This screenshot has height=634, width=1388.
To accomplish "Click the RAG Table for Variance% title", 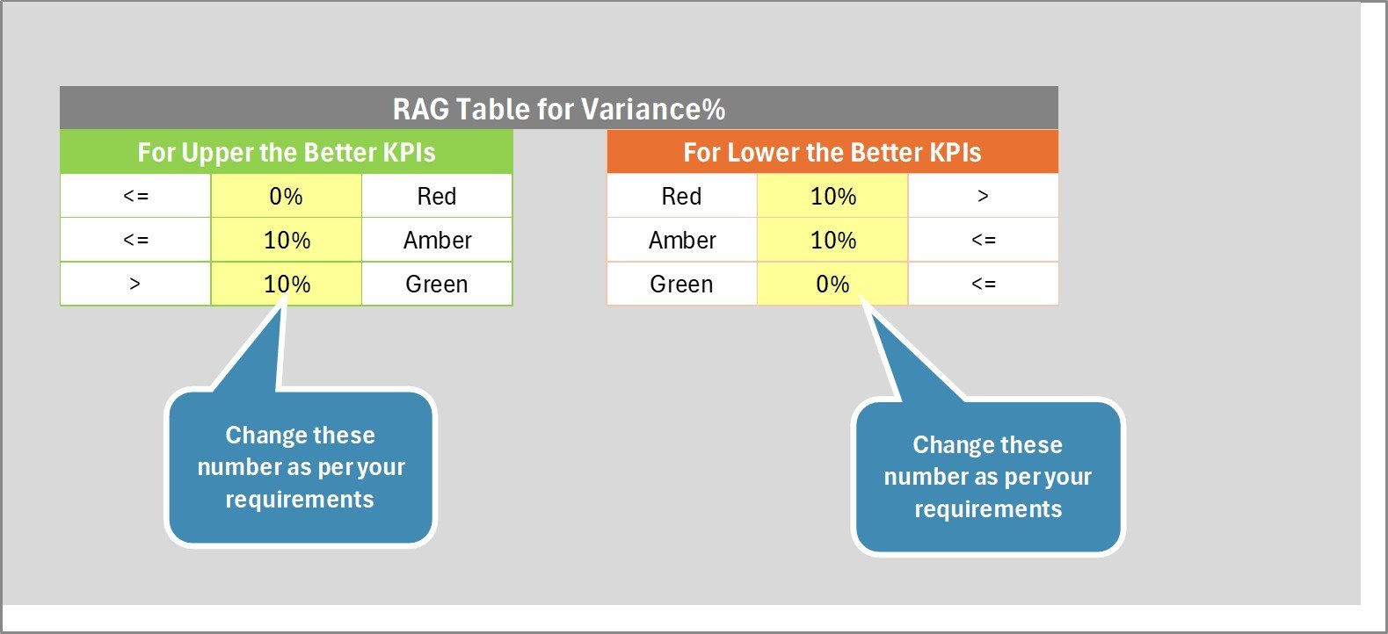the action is [x=559, y=109].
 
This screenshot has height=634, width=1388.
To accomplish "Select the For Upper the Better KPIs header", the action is [x=287, y=152].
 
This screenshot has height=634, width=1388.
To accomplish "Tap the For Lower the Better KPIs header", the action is [x=832, y=152].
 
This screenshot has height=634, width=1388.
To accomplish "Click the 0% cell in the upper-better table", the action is [x=287, y=197].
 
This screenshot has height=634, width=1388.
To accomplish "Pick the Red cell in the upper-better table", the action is [x=437, y=197].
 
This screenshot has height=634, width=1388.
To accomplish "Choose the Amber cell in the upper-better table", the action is [x=437, y=241].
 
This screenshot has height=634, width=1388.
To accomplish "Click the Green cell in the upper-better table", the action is [x=437, y=285].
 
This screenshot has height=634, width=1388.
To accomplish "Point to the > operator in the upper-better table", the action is [x=135, y=285].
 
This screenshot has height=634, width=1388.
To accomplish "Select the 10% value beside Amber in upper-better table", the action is [x=287, y=241].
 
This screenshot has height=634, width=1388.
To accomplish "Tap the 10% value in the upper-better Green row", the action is [x=287, y=285].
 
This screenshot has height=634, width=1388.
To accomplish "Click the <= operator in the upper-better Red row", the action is [x=135, y=197].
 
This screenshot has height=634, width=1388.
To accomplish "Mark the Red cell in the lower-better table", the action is [x=681, y=197].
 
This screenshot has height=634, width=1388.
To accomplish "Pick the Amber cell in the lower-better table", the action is [x=681, y=241].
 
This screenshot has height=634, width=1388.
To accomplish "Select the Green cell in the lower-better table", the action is [x=681, y=285].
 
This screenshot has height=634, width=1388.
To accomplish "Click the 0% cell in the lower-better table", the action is [x=832, y=285].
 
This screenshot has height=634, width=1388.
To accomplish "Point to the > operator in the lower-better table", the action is [x=984, y=197].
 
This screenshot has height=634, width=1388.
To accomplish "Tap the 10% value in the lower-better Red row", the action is [x=832, y=197].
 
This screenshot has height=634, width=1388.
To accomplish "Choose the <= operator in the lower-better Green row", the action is [x=984, y=285].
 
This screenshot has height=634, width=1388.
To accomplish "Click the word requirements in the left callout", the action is [x=300, y=500].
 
